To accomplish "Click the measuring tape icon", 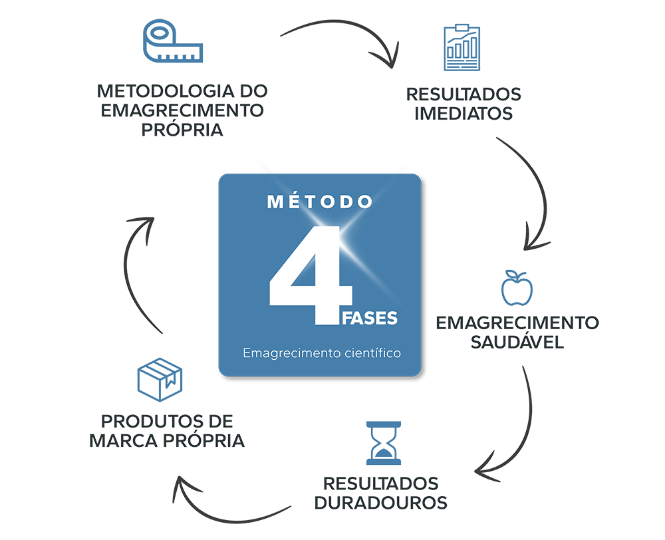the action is (173, 41).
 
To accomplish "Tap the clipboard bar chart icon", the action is (462, 47).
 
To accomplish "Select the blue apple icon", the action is (517, 289).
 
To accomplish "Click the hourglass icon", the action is (384, 443).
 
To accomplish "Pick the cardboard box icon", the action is (160, 380).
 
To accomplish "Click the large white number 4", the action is (311, 275).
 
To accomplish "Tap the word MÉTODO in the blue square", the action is (320, 202).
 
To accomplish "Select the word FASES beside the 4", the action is (370, 318).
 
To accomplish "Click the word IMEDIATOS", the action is (464, 114).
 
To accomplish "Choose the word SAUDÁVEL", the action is (517, 341).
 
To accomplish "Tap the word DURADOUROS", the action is (381, 503).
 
